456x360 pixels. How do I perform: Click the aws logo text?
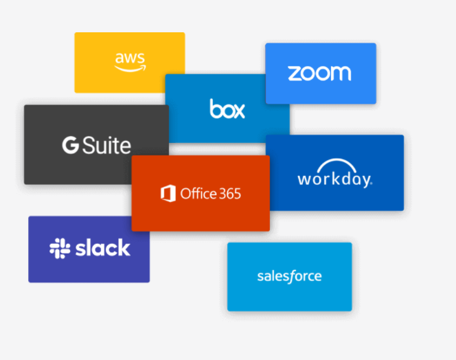(129, 58)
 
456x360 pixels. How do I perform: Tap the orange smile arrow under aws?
(130, 68)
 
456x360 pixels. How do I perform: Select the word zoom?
(319, 73)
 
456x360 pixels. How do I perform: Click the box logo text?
(227, 109)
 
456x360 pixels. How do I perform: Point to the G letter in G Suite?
(69, 145)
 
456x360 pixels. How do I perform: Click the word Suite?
(106, 145)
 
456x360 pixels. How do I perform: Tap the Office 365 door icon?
(168, 193)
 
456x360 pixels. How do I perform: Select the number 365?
(227, 194)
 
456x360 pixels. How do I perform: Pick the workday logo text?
(334, 179)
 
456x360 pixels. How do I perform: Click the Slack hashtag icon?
(60, 249)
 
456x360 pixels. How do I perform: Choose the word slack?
(102, 248)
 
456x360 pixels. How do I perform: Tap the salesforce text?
(289, 276)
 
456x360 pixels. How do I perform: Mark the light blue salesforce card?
(289, 299)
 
